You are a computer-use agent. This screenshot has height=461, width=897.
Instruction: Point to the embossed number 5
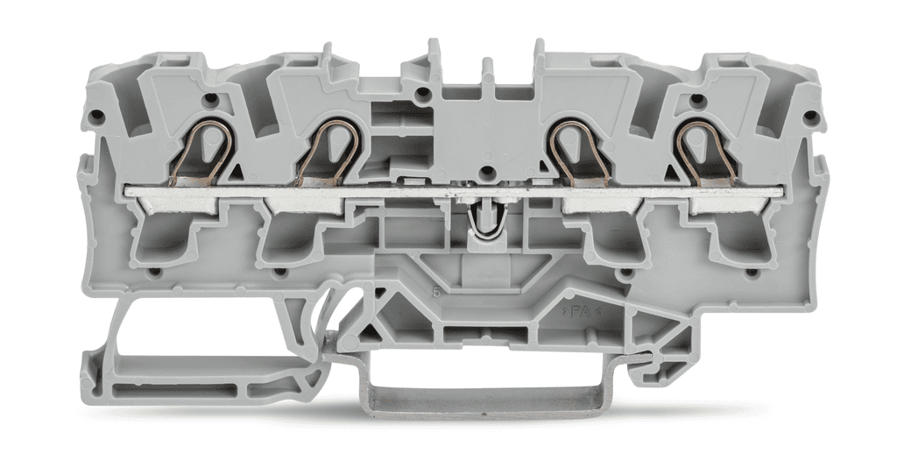435,291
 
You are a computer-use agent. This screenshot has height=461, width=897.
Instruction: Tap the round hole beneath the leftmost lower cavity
155,273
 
